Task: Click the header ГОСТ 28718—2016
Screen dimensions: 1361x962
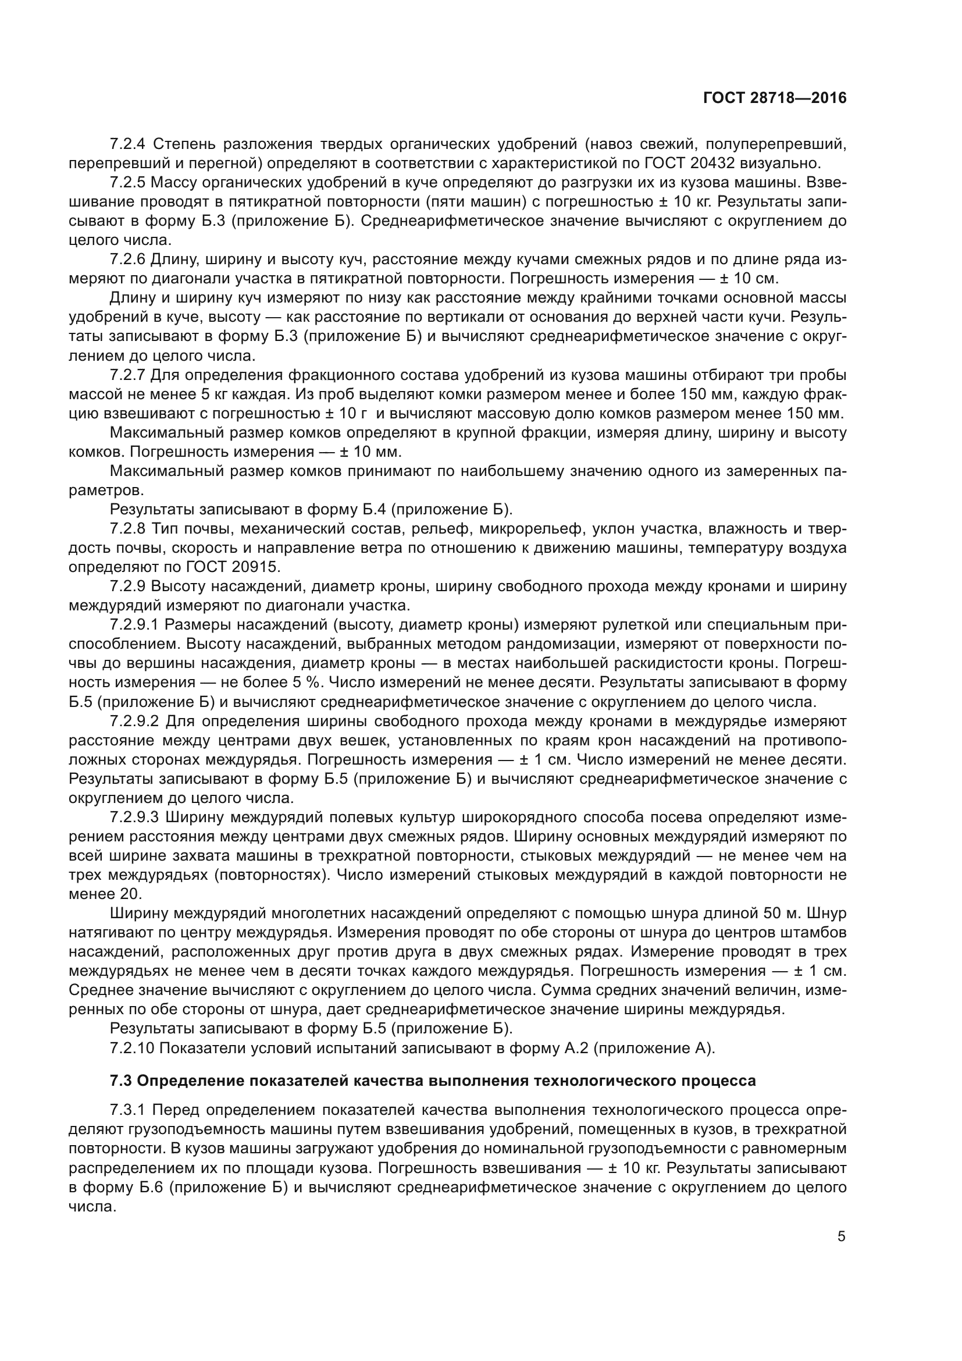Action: point(774,98)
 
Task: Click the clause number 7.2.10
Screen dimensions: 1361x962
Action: point(132,1048)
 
